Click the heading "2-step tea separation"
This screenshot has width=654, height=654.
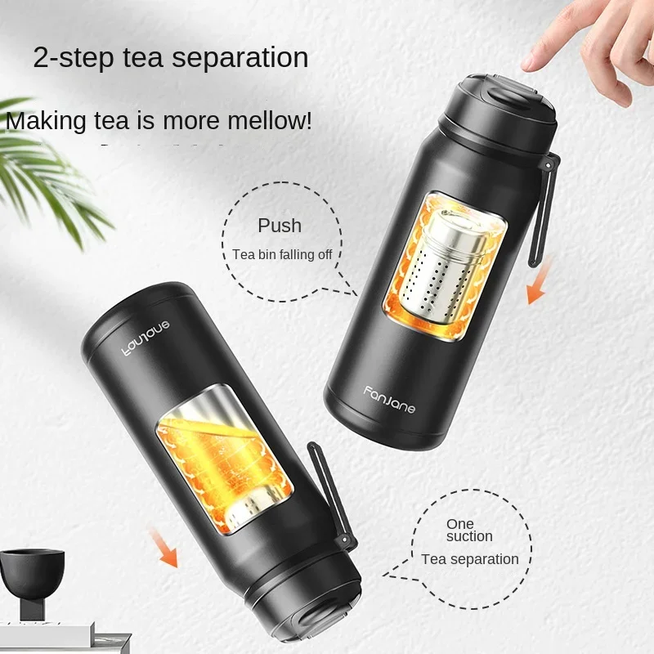[x=171, y=58]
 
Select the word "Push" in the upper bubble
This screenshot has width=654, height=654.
[x=280, y=226]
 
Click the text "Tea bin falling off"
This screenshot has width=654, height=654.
[x=282, y=254]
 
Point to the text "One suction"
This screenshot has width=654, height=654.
[x=469, y=530]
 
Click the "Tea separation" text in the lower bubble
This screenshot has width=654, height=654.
[x=470, y=559]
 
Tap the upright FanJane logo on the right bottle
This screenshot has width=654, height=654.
[x=390, y=399]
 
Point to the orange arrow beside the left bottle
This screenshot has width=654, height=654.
[x=162, y=545]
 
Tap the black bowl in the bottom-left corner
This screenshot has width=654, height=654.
[x=33, y=571]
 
